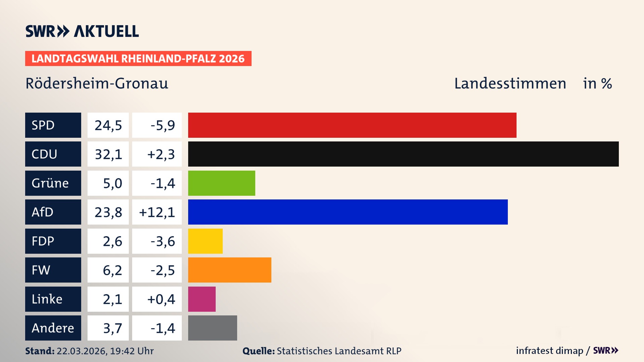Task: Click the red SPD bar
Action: [352, 125]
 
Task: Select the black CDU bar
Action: [403, 154]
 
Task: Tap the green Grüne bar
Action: [221, 183]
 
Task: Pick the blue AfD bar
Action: [348, 212]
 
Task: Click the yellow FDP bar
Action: [205, 241]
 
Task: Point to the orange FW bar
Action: [229, 270]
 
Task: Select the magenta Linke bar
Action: [202, 299]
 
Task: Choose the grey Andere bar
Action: [212, 328]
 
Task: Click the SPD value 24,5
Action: [108, 125]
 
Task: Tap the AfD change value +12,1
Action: [157, 212]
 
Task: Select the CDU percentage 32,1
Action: [108, 154]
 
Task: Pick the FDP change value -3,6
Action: [162, 241]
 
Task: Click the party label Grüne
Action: [50, 183]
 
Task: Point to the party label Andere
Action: [53, 328]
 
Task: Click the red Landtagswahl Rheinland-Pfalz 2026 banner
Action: [138, 59]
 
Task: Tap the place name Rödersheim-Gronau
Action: [97, 83]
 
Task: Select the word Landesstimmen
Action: [510, 83]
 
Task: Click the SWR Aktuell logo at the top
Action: [82, 31]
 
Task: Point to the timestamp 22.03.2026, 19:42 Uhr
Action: [105, 351]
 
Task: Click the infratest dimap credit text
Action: [549, 351]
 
